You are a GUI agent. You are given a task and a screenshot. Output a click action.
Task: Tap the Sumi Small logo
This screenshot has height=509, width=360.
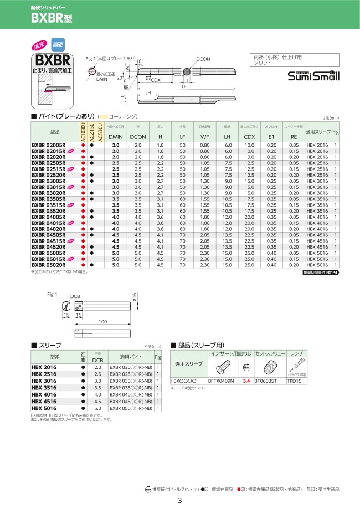tap(313, 76)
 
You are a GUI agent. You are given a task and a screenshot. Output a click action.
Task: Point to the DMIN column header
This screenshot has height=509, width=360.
tap(115, 137)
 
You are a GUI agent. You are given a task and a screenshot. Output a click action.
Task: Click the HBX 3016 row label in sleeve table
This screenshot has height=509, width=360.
tap(43, 382)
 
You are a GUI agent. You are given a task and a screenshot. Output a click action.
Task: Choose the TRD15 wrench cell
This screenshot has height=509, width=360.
tap(310, 381)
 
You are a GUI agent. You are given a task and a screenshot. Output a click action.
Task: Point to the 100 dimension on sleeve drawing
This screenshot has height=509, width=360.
tap(102, 322)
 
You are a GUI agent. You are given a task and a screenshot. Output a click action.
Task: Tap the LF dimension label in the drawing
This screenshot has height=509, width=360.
tap(199, 87)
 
